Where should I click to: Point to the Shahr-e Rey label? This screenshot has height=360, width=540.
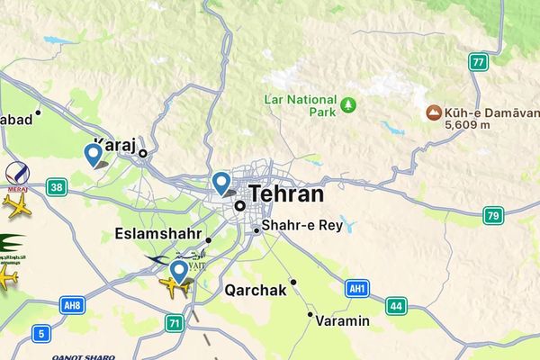click(301, 226)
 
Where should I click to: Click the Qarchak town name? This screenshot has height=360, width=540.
click(255, 290)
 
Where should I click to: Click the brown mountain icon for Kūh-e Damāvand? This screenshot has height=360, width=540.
click(434, 114)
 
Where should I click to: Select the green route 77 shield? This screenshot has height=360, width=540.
click(477, 63)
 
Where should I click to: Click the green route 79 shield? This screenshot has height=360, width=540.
click(492, 215)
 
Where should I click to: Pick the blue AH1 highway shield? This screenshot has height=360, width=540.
click(357, 288)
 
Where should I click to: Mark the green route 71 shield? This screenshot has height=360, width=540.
click(175, 322)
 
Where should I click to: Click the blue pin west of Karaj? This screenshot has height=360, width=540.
click(92, 155)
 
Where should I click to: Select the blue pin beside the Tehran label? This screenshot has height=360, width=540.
click(221, 184)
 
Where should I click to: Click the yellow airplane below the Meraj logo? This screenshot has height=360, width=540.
click(16, 205)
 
